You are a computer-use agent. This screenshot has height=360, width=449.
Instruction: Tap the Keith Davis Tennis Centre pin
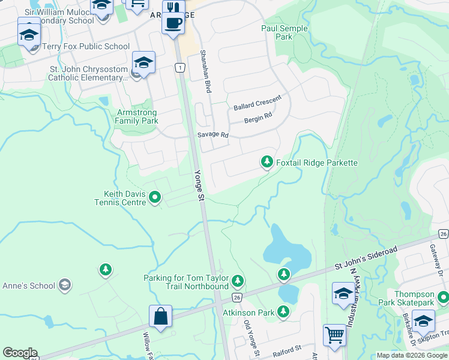[155, 197]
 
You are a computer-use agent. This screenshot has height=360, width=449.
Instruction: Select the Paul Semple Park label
[285, 32]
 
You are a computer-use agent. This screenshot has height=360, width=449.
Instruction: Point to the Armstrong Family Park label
[136, 116]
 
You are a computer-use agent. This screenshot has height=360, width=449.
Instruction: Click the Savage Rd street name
[213, 135]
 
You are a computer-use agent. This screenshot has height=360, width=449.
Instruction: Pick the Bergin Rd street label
[258, 119]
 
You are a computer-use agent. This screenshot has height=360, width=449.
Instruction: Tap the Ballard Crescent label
[258, 105]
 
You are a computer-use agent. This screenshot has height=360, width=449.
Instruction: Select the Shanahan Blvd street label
[206, 71]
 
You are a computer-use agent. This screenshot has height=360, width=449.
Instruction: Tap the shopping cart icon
[334, 334]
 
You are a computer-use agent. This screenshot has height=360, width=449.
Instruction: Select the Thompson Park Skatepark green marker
[443, 297]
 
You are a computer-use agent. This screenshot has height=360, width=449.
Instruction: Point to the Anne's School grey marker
[65, 286]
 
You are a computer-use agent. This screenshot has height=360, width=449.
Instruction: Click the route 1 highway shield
[179, 68]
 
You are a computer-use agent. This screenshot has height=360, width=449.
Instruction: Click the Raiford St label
[285, 349]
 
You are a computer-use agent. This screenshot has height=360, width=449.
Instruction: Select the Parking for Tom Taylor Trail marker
[238, 280]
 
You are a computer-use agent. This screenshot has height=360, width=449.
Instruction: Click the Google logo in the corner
[20, 353]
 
